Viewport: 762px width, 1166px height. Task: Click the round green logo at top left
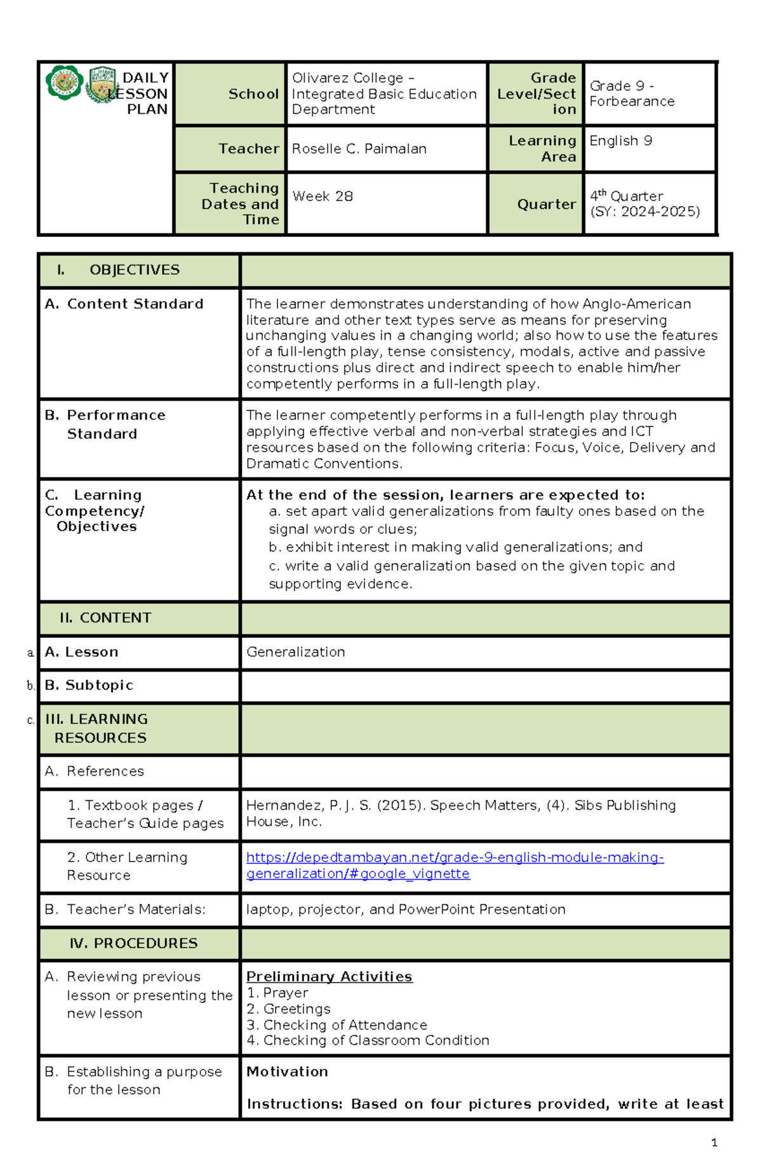pyautogui.click(x=64, y=83)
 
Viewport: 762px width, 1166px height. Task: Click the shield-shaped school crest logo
pyautogui.click(x=102, y=85)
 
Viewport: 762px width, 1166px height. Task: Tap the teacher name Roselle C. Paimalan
pyautogui.click(x=359, y=149)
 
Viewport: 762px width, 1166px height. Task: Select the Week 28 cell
pyautogui.click(x=323, y=196)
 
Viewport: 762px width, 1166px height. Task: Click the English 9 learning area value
pyautogui.click(x=620, y=141)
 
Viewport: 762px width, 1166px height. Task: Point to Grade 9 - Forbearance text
pyautogui.click(x=631, y=93)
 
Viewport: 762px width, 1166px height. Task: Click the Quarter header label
pyautogui.click(x=546, y=204)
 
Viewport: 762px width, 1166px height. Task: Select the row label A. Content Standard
pyautogui.click(x=124, y=304)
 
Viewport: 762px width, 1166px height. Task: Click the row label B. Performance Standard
pyautogui.click(x=105, y=424)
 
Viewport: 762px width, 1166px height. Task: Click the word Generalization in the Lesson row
pyautogui.click(x=295, y=652)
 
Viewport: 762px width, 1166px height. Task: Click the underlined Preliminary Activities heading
pyautogui.click(x=329, y=977)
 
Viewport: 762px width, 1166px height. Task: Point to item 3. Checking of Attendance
pyautogui.click(x=337, y=1025)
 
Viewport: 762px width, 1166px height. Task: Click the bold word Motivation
pyautogui.click(x=287, y=1072)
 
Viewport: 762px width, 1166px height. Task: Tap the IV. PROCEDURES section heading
pyautogui.click(x=133, y=944)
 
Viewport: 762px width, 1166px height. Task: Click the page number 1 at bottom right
pyautogui.click(x=714, y=1142)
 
